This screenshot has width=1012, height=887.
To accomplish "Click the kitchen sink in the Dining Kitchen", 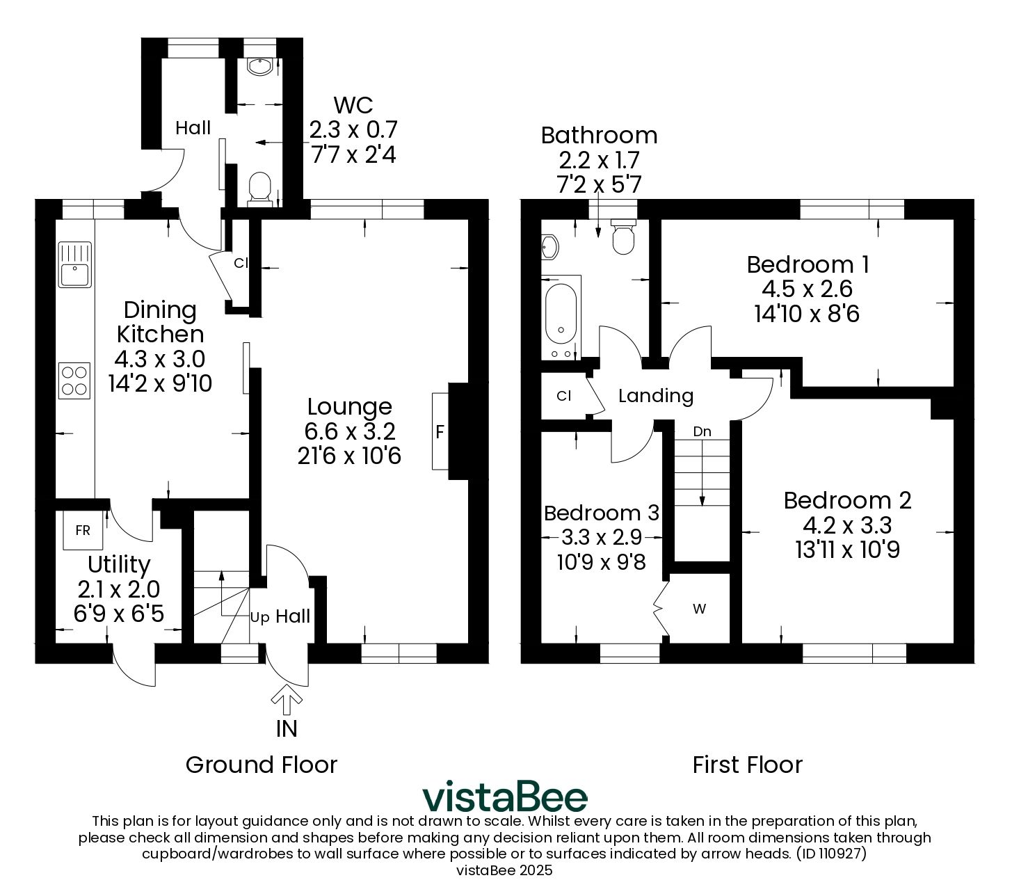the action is coord(75,264).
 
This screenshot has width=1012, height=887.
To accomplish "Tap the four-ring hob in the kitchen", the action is coord(74,381).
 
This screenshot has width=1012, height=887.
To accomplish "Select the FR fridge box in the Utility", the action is coord(82,529).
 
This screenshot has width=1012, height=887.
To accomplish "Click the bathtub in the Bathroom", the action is coord(561,317).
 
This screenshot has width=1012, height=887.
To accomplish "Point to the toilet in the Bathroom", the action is coord(623,237).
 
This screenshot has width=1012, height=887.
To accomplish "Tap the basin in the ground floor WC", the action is coord(259,67).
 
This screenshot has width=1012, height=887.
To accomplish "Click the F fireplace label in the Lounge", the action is coord(440,432).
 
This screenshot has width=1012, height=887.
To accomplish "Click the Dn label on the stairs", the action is coord(702,431).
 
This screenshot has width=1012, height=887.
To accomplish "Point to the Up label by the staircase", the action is coord(259,618).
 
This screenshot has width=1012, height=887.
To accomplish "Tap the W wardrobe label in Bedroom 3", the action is coord(699,609).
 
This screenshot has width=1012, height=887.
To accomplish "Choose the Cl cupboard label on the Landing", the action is coord(564,396).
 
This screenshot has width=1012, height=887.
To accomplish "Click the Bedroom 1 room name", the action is coord(808,264).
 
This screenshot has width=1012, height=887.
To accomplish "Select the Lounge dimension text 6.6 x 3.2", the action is coord(350,431).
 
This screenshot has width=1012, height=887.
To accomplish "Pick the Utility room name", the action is coord(119,565).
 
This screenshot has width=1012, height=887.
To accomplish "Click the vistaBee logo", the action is coord(505,797).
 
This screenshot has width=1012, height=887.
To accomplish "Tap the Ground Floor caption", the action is coord(262,765).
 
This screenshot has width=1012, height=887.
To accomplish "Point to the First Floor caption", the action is coord(747,765).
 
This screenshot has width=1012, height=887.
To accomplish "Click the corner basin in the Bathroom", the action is coord(550,247).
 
